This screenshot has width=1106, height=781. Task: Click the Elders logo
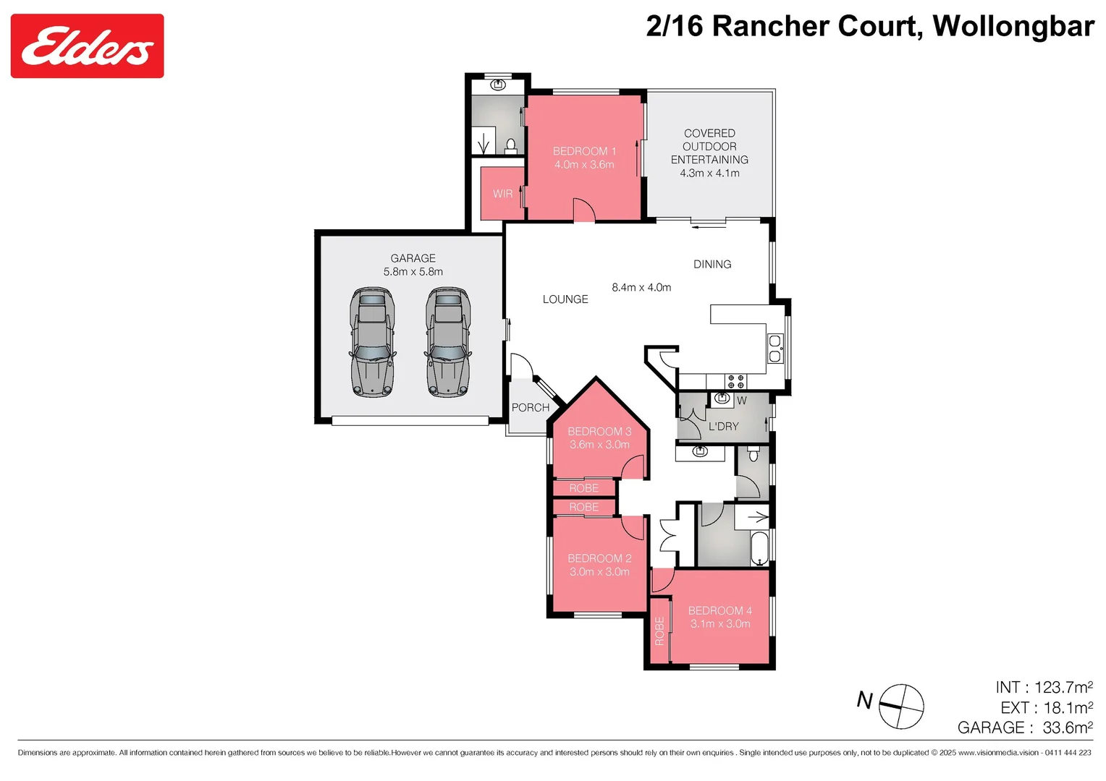click(x=87, y=46)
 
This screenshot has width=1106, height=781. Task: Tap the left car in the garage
click(x=372, y=342)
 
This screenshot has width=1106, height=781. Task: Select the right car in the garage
click(x=448, y=342)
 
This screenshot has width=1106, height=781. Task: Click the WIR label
click(x=502, y=194)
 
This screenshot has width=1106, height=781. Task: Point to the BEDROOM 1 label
click(x=584, y=151)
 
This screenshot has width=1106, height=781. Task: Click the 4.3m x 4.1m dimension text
click(x=709, y=174)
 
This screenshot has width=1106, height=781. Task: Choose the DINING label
click(x=712, y=265)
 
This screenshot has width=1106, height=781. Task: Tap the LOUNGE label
click(x=565, y=299)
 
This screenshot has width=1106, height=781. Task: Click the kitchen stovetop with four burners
click(x=735, y=381)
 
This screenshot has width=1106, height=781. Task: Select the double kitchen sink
click(x=775, y=348)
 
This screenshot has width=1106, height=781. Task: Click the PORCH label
click(x=531, y=408)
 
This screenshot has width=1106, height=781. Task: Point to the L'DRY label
click(x=723, y=427)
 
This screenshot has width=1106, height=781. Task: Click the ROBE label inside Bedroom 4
click(x=659, y=631)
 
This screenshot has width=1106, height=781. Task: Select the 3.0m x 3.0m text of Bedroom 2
click(x=599, y=572)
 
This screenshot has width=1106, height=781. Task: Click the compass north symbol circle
click(x=901, y=707)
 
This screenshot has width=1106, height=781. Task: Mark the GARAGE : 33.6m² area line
click(x=1024, y=727)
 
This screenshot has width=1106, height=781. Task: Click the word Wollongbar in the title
click(x=1013, y=27)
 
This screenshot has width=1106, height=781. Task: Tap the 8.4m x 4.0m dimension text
click(x=641, y=288)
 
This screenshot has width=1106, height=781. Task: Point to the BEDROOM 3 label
click(x=599, y=432)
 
